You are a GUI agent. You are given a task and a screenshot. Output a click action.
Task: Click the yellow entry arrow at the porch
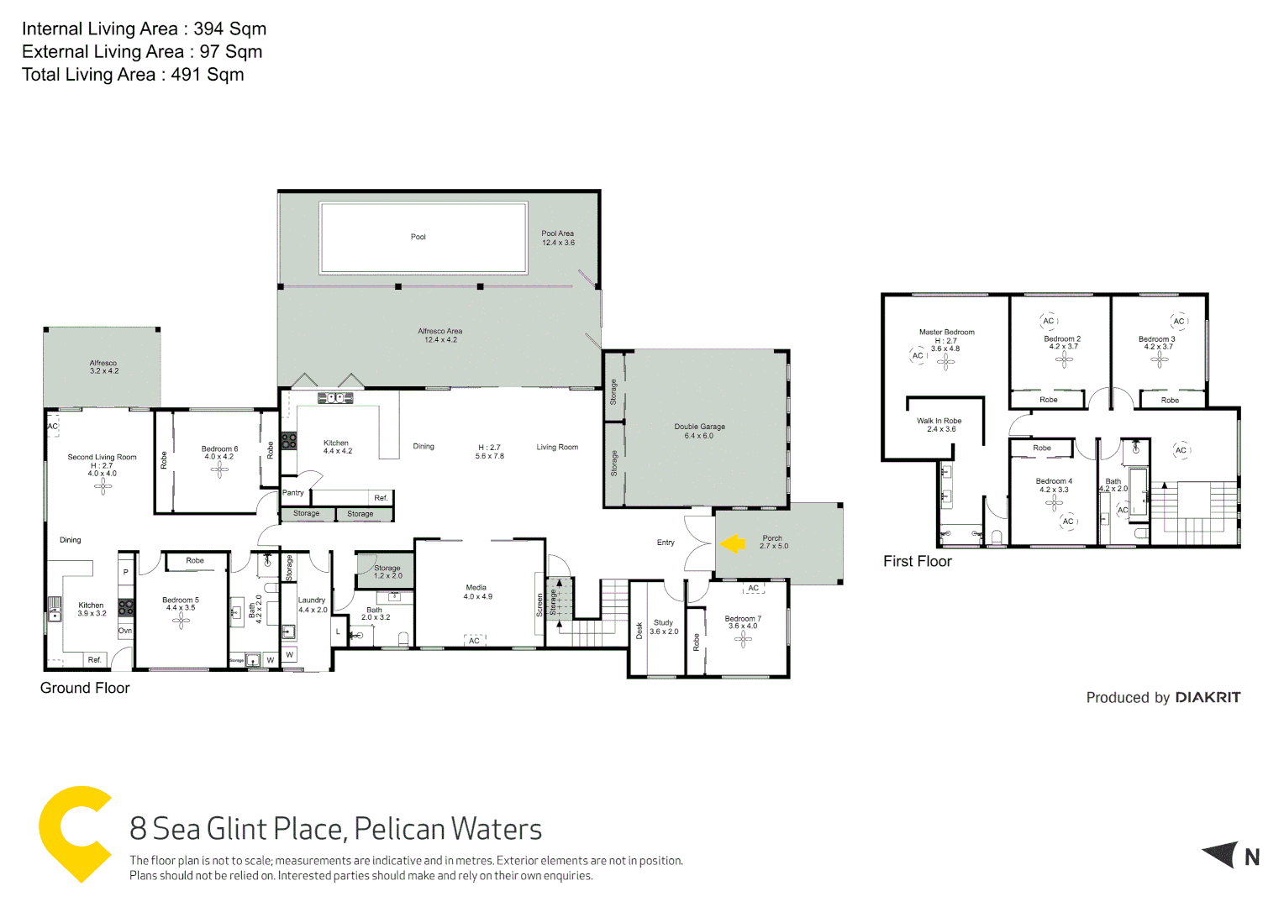point(733,544)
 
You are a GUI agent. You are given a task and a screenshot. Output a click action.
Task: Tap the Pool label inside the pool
point(418,237)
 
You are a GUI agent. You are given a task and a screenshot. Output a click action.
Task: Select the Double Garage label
point(699,427)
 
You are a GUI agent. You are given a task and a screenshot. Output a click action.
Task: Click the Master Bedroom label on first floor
point(946,333)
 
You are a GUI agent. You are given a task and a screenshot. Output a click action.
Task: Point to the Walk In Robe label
point(939,422)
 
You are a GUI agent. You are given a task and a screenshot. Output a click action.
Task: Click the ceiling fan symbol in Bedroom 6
point(219,469)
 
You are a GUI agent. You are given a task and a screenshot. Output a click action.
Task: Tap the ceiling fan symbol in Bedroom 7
point(742,639)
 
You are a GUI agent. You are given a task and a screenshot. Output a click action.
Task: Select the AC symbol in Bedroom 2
point(1049,321)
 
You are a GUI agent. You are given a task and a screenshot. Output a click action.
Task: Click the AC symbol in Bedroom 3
point(1179,321)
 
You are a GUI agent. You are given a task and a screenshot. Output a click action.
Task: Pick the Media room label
point(476,588)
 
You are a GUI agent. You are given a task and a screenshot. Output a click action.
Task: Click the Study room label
point(663,623)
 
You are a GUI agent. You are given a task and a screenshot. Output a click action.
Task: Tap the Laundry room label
point(312,600)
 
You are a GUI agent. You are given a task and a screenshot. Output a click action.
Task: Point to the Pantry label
point(293,493)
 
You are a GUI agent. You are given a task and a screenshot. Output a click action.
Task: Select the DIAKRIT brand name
point(1208,697)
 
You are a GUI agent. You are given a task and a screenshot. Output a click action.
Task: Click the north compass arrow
point(1222,855)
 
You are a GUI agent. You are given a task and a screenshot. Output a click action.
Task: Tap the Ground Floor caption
point(85,688)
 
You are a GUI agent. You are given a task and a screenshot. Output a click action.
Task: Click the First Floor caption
point(917,561)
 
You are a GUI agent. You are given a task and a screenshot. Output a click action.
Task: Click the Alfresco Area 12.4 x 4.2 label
point(440,335)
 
